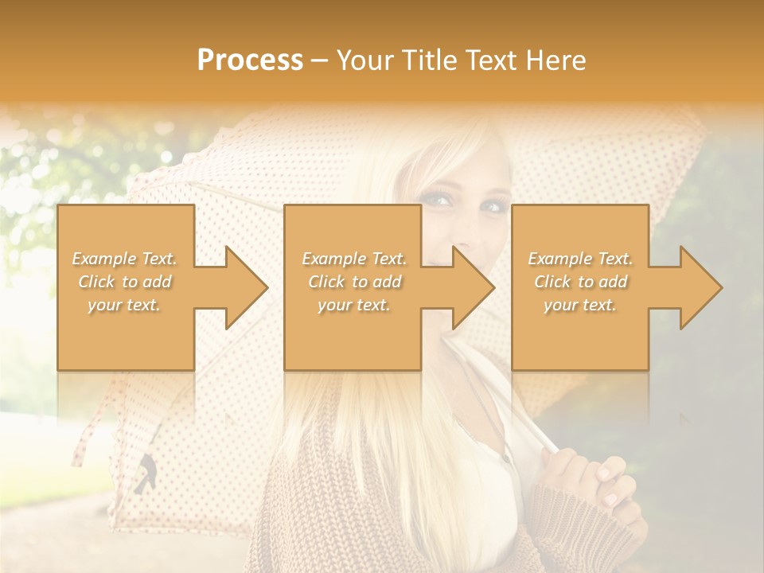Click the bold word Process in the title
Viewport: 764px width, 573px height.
250,60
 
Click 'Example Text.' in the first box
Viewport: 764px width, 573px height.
124,259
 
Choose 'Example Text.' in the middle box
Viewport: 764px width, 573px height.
353,259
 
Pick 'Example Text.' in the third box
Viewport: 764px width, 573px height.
580,259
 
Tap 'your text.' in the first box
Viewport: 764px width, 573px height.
124,305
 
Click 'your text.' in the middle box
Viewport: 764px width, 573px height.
353,305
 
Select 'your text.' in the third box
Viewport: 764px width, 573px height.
580,305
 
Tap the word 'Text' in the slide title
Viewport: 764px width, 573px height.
488,60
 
